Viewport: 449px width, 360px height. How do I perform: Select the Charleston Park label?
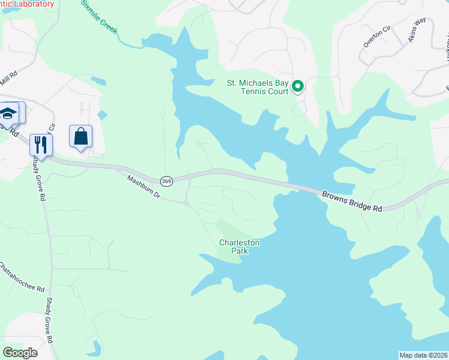pyautogui.click(x=239, y=247)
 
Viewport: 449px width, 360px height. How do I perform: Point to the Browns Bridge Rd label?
pyautogui.click(x=352, y=202)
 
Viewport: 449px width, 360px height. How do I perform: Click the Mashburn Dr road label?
pyautogui.click(x=144, y=187)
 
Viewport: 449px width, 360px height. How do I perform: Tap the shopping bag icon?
pyautogui.click(x=80, y=136)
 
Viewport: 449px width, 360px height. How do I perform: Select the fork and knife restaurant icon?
pyautogui.click(x=41, y=144)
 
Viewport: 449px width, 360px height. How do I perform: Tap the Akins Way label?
pyautogui.click(x=416, y=29)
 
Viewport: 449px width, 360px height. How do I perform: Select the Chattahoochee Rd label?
pyautogui.click(x=22, y=277)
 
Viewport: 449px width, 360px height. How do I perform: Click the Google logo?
pyautogui.click(x=20, y=353)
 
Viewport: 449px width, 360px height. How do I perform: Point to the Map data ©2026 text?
pyautogui.click(x=423, y=355)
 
